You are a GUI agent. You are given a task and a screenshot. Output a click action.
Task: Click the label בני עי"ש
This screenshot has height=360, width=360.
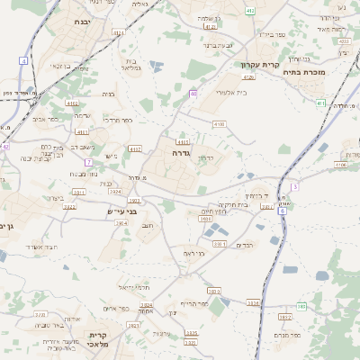point(121,211)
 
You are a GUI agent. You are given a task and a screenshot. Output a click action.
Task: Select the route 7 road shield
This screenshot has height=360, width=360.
point(88,162)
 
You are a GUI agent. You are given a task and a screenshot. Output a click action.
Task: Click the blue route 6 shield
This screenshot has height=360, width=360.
point(282,211)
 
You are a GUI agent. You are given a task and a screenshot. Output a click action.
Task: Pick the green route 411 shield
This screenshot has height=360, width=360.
point(321,103)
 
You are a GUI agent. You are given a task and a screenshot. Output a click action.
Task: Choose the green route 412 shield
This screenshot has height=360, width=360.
point(249,10)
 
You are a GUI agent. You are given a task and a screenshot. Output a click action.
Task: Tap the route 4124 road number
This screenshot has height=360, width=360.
point(119,32)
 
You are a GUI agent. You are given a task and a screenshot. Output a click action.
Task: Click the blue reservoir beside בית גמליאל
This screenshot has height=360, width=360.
point(156,66)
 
